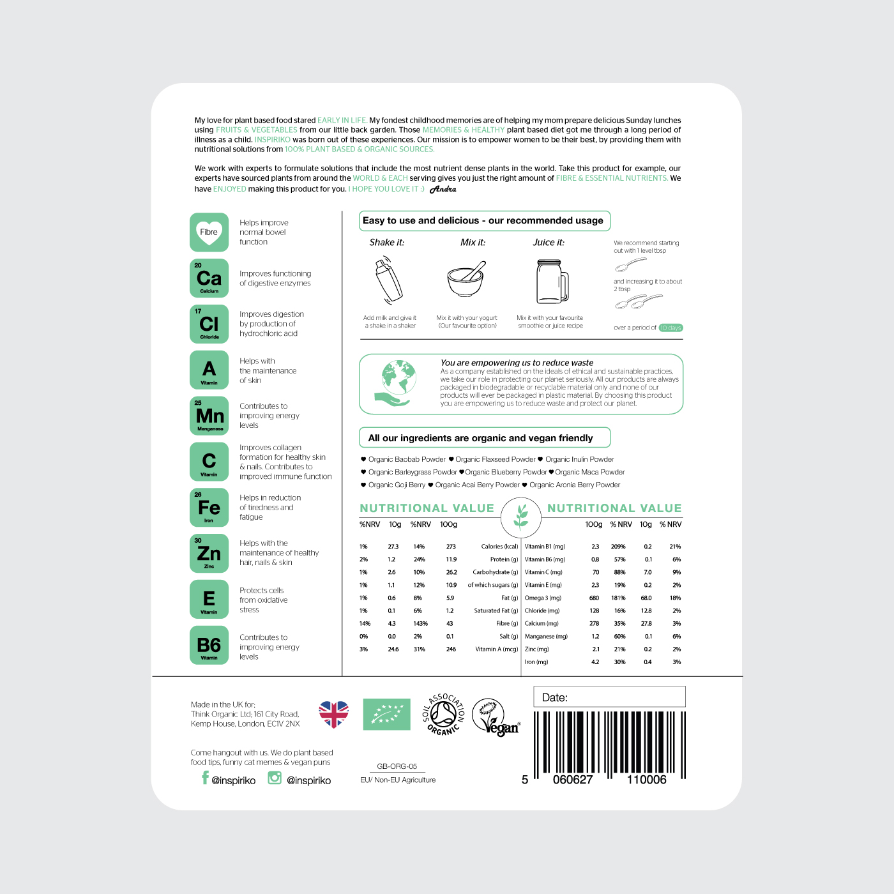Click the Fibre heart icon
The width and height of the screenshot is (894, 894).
click(x=209, y=232)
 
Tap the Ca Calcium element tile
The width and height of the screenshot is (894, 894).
click(x=209, y=278)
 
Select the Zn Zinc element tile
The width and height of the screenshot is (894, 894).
click(x=209, y=553)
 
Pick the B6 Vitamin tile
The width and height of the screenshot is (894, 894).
click(x=209, y=645)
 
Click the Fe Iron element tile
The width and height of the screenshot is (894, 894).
click(x=209, y=507)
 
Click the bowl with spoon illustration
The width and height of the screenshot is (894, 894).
click(x=466, y=280)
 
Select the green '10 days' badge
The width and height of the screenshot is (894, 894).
click(x=670, y=328)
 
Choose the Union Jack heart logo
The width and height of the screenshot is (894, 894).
click(x=334, y=714)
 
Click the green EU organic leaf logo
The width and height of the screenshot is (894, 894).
click(x=386, y=714)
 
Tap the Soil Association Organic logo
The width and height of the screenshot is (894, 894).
click(x=444, y=714)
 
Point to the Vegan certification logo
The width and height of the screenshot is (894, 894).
click(x=495, y=717)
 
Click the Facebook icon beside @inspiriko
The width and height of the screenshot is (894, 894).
click(x=205, y=778)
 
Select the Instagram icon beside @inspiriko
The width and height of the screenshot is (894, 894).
click(x=275, y=778)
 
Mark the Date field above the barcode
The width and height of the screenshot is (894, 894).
click(x=609, y=697)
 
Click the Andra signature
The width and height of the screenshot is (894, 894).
click(x=443, y=189)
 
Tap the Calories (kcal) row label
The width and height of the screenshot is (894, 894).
click(x=499, y=547)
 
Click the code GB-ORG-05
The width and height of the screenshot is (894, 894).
click(x=397, y=766)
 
